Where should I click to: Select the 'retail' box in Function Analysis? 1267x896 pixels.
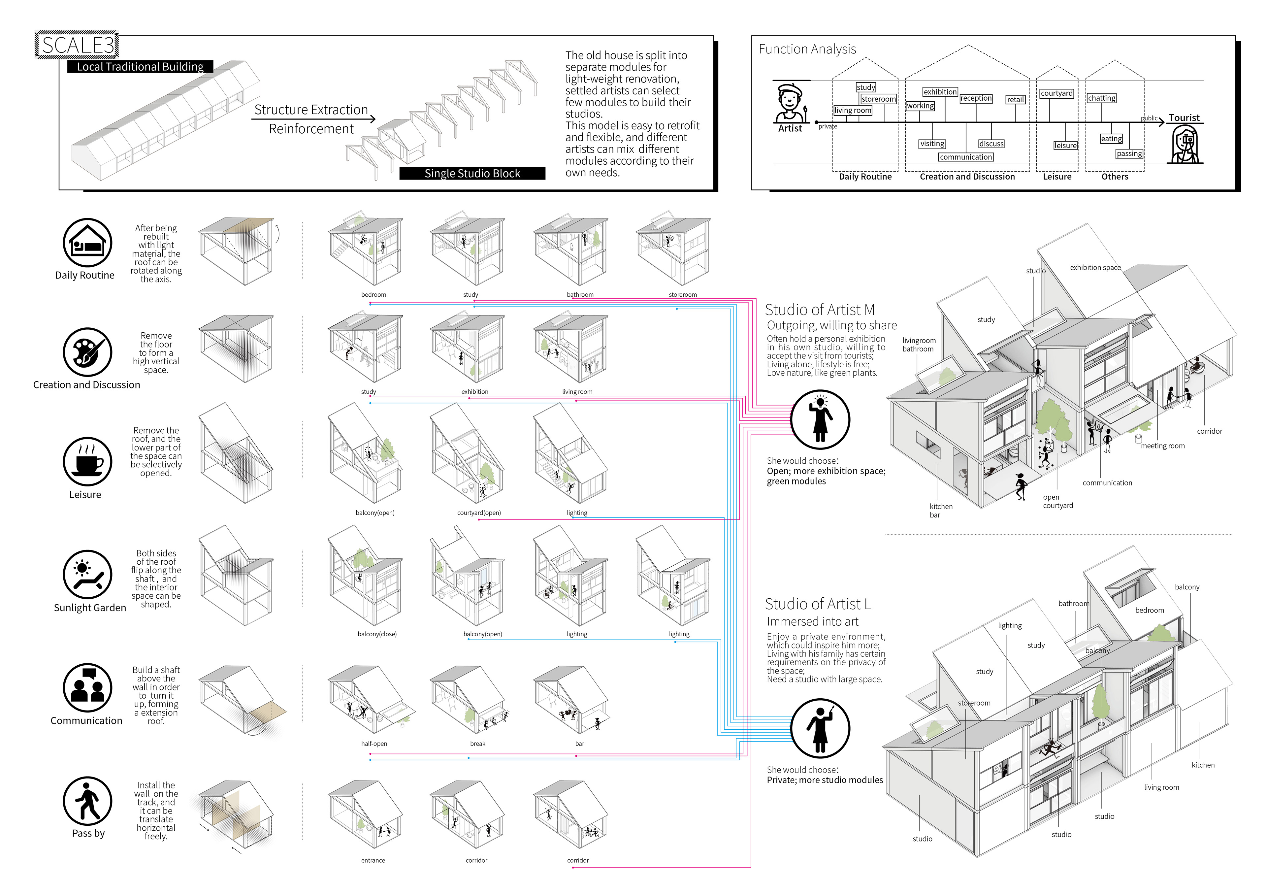pos(1015,99)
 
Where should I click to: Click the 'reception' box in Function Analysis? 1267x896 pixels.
pos(976,98)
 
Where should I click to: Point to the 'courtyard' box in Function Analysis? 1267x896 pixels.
pos(1056,93)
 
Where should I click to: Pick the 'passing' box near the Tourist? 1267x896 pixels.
pos(1129,153)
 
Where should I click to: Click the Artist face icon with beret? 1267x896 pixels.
pos(790,103)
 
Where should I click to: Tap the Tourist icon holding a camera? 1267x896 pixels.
pos(1185,145)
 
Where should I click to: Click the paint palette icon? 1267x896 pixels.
pos(87,352)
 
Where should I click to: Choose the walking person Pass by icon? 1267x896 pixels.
pos(87,801)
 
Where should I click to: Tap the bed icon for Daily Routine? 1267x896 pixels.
pos(87,243)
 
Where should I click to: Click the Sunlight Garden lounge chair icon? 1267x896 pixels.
pos(87,574)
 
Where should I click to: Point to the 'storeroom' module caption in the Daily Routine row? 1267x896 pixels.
pos(683,295)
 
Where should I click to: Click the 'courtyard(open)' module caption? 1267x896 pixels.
pos(478,513)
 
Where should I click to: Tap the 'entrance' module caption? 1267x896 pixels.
pos(373,860)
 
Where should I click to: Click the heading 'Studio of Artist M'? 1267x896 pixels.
pos(820,310)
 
